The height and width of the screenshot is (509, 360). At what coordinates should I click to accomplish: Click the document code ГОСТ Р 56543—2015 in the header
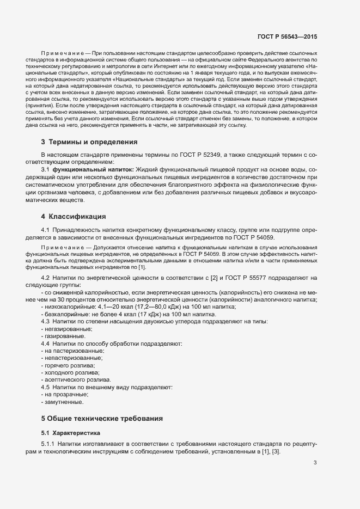tap(288, 36)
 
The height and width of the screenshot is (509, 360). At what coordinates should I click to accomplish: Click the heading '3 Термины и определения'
tap(89, 143)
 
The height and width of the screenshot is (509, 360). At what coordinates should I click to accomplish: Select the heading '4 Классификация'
tap(74, 217)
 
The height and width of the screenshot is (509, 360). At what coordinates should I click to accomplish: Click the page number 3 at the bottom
tap(315, 463)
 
